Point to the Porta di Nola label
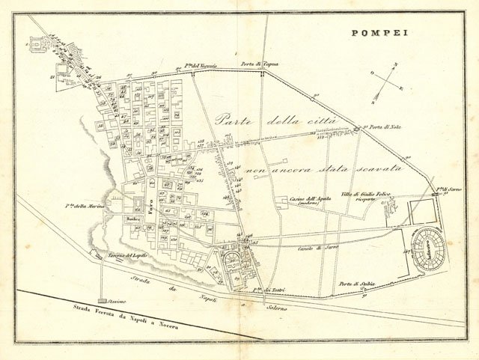[385, 127]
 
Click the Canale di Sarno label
[314, 248]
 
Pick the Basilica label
[135, 219]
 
